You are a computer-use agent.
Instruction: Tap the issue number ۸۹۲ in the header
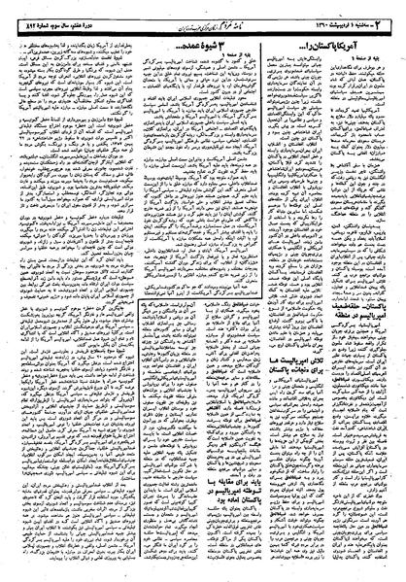(22, 11)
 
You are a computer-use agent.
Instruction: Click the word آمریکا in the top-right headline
(364, 35)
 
